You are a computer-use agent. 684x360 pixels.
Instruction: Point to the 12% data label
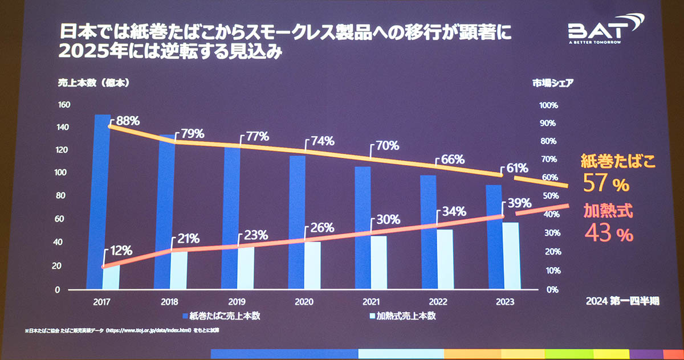(x=120, y=250)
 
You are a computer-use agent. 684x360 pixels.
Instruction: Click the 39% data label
(x=519, y=203)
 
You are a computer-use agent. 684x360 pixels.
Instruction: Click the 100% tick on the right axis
(x=548, y=106)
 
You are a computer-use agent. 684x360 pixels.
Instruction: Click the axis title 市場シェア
(x=552, y=82)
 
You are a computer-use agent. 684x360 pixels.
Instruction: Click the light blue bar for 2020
(x=312, y=265)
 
